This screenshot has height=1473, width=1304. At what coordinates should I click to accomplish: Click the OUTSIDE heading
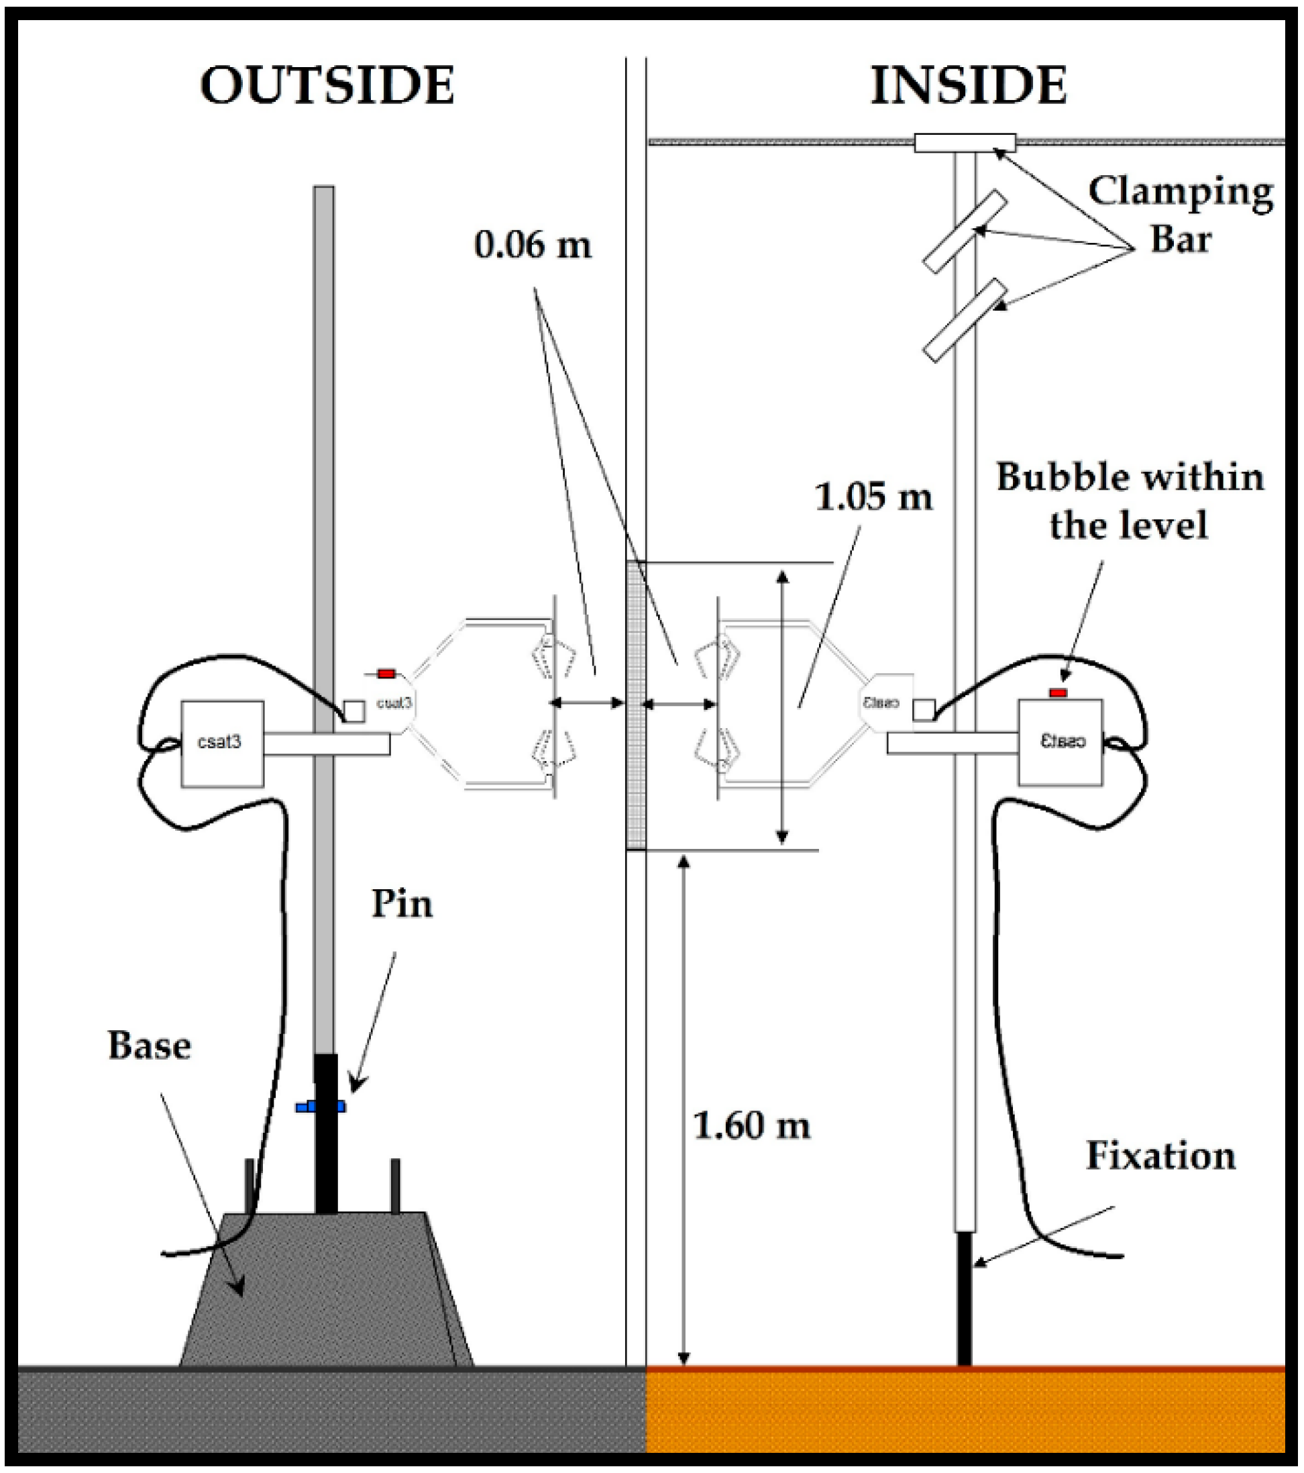tap(327, 86)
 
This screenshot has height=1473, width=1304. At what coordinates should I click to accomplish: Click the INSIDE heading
tap(969, 86)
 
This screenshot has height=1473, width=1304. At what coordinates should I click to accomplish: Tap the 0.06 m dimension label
tap(533, 245)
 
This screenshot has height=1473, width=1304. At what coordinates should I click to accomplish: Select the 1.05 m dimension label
tap(873, 497)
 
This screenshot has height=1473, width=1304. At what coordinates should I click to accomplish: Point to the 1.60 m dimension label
tap(751, 1125)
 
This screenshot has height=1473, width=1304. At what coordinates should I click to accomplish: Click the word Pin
tap(402, 904)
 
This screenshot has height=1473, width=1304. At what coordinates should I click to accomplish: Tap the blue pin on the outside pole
tap(321, 1105)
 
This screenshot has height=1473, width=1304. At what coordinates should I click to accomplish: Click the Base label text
tap(149, 1046)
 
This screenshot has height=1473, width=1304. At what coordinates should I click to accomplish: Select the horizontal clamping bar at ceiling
tap(965, 143)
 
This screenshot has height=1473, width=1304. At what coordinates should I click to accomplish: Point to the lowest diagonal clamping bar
tap(965, 320)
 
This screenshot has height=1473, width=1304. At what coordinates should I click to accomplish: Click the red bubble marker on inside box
tap(1058, 693)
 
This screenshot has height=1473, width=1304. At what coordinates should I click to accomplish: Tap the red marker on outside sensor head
tap(386, 673)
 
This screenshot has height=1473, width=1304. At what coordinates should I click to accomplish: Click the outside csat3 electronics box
tap(222, 743)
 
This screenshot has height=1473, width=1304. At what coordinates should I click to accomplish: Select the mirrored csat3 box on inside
tap(1059, 742)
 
